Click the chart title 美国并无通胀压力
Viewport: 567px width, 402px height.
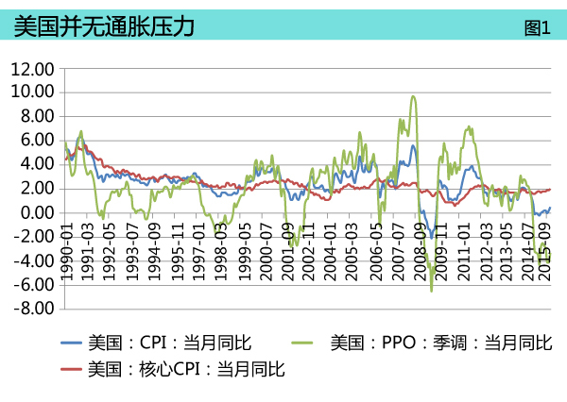[x=105, y=26]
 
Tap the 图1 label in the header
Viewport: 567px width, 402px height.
[x=537, y=27]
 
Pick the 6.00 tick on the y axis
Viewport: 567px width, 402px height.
[x=36, y=141]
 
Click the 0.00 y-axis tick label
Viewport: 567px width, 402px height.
[x=36, y=212]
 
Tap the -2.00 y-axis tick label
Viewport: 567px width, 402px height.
[x=34, y=237]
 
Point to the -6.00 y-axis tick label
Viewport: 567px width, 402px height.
[x=34, y=285]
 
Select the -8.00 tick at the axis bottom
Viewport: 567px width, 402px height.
[x=34, y=309]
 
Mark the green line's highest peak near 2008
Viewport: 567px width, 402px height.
[x=413, y=96]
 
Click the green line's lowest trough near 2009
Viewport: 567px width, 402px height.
[x=432, y=291]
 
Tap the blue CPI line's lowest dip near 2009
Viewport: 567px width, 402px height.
[x=431, y=237]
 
